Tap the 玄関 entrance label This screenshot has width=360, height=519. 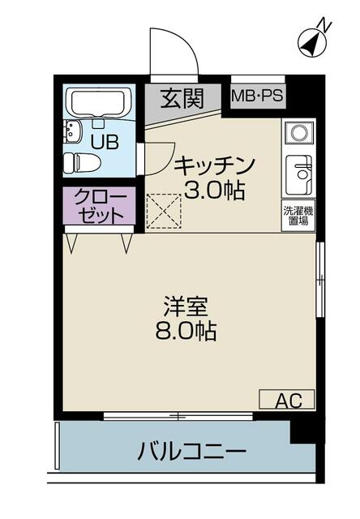(x=182, y=98)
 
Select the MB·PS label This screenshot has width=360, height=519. (x=257, y=97)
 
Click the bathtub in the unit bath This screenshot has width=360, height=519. (x=99, y=103)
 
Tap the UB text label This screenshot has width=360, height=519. (x=105, y=143)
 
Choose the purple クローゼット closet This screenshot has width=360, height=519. (x=99, y=206)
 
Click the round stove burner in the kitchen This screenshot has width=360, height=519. (x=299, y=132)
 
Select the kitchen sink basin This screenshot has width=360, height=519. (x=299, y=175)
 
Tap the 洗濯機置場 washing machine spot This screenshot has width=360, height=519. (x=298, y=216)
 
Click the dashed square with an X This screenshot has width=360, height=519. (x=164, y=212)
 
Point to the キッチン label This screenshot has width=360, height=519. (x=215, y=165)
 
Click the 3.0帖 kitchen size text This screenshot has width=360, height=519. (x=214, y=190)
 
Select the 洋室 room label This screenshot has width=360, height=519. (x=186, y=307)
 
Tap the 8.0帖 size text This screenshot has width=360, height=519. (x=186, y=331)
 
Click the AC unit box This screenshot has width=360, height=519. (x=286, y=400)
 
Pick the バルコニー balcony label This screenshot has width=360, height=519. (x=192, y=451)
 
